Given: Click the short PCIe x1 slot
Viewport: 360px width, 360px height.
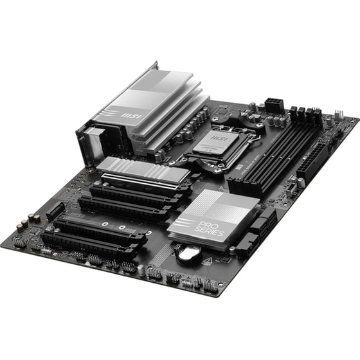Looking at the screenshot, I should (x=55, y=210).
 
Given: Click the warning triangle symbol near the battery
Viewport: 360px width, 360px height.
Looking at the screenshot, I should (x=208, y=262).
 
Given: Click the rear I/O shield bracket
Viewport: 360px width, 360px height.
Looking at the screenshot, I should (x=89, y=138).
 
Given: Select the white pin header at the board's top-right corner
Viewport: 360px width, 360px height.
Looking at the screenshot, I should (x=351, y=120).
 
